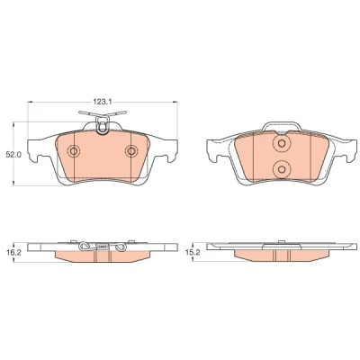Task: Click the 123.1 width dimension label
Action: [102, 102]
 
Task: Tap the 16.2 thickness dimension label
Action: [13, 253]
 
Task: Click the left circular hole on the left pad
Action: [74, 151]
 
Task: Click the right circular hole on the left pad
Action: [131, 151]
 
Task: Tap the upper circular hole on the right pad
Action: [282, 144]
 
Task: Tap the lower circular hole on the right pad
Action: [282, 169]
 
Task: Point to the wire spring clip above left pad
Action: [103, 114]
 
